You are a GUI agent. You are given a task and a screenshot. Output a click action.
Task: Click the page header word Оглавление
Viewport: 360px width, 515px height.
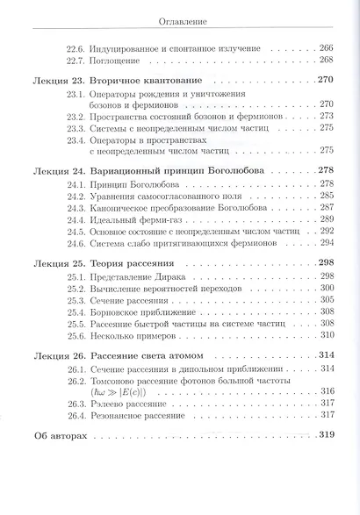[x=181, y=22]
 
